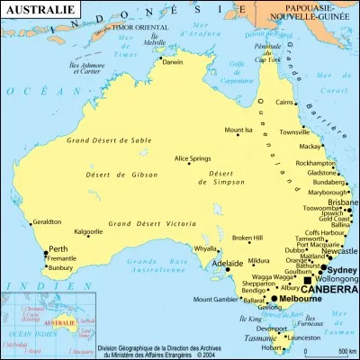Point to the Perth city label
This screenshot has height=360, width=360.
pyautogui.click(x=58, y=248)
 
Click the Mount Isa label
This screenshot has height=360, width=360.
pyautogui.click(x=238, y=130)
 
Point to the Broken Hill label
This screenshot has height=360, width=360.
pyautogui.click(x=247, y=238)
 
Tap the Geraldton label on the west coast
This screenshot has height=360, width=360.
pyautogui.click(x=46, y=221)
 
